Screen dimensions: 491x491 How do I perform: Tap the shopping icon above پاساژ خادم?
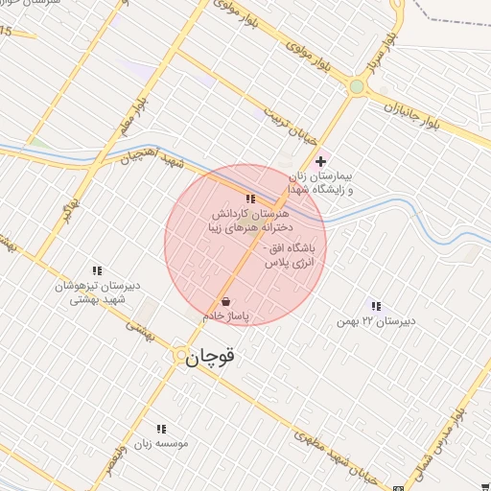225,301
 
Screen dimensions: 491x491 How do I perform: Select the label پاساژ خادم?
225,315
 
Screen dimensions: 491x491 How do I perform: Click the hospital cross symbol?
320,161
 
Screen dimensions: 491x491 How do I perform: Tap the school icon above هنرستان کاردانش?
250,199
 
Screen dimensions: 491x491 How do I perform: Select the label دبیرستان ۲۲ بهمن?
374,320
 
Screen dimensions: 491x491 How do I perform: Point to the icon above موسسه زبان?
161,429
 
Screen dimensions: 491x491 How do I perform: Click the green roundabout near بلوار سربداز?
357,88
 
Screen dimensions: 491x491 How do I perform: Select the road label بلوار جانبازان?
408,108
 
